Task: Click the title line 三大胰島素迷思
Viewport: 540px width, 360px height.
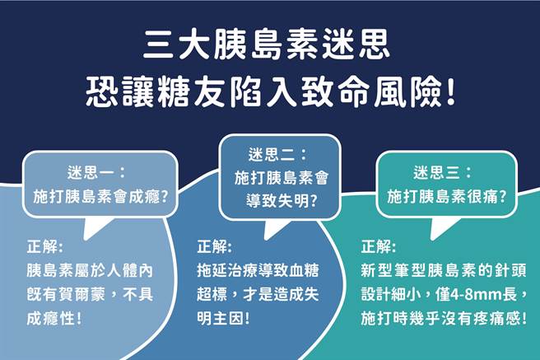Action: (269, 41)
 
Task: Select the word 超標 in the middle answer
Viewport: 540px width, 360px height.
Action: (214, 293)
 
